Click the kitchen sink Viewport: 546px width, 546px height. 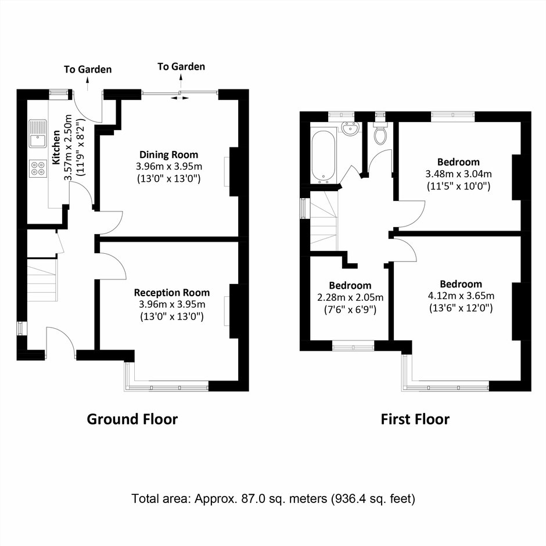coord(38,134)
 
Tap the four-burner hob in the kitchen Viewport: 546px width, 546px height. coord(38,168)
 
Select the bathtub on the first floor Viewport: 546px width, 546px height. coord(324,156)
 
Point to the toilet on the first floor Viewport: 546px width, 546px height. coord(379,132)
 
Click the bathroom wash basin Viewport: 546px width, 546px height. coord(350,129)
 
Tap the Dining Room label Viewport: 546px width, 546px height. coord(168,155)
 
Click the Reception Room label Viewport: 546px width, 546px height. coord(172,293)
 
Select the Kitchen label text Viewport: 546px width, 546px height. coord(56,148)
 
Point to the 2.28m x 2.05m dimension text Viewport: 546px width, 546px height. coord(350,297)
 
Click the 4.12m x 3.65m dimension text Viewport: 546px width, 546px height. coord(461,296)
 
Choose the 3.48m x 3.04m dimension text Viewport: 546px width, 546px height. coord(459,174)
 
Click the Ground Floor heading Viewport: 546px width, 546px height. coord(132,419)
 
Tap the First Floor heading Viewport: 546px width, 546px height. coord(415,419)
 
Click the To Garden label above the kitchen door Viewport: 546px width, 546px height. coord(88,69)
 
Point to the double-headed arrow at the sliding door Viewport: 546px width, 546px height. coord(180,98)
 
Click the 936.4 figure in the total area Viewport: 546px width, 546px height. coord(349,498)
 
